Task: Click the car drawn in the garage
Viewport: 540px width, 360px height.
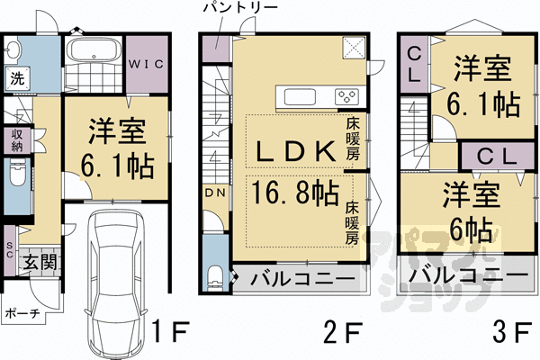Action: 114,280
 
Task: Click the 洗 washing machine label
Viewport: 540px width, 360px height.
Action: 17,78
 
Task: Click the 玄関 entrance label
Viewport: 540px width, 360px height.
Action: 39,264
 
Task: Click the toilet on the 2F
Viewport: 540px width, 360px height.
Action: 212,274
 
